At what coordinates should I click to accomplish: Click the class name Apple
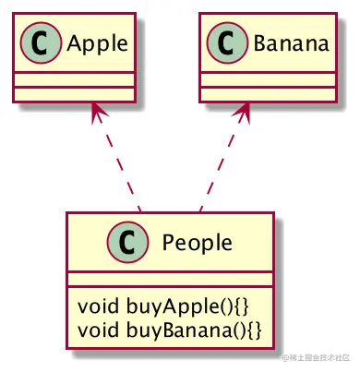pyautogui.click(x=88, y=42)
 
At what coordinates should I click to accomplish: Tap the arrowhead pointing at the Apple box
pyautogui.click(x=93, y=112)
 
